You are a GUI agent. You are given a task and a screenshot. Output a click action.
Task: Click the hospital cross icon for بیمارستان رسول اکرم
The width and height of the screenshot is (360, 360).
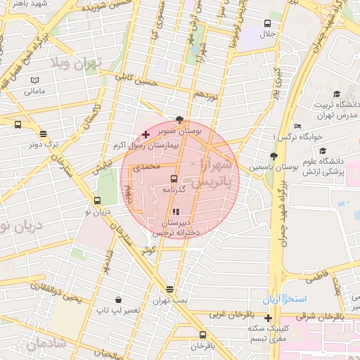[x=146, y=134]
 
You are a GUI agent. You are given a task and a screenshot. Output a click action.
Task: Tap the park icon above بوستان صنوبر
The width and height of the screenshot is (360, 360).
[x=181, y=120]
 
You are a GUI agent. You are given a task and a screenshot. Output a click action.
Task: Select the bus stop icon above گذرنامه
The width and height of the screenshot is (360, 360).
[x=174, y=179]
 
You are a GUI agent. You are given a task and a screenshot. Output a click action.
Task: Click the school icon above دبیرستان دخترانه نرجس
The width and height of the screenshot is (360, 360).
[x=176, y=212]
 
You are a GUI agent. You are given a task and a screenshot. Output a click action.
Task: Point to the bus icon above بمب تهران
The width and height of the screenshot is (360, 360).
[x=169, y=289]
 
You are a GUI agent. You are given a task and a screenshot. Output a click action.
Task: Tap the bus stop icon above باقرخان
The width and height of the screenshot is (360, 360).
[x=202, y=335]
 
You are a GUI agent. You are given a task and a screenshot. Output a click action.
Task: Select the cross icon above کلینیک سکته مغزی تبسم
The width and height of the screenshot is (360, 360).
[x=268, y=318]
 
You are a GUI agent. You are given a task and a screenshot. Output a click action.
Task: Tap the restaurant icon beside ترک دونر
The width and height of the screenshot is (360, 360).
[x=43, y=134]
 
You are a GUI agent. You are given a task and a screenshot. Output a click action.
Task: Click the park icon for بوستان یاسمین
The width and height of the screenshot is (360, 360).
[x=273, y=157]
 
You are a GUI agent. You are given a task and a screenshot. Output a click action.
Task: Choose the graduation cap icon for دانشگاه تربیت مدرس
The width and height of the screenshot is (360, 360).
[x=336, y=94]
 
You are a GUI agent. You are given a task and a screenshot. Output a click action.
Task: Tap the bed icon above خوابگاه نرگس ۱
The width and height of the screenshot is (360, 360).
[x=298, y=127]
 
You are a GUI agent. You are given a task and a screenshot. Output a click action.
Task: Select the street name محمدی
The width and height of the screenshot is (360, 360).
[x=151, y=167]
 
